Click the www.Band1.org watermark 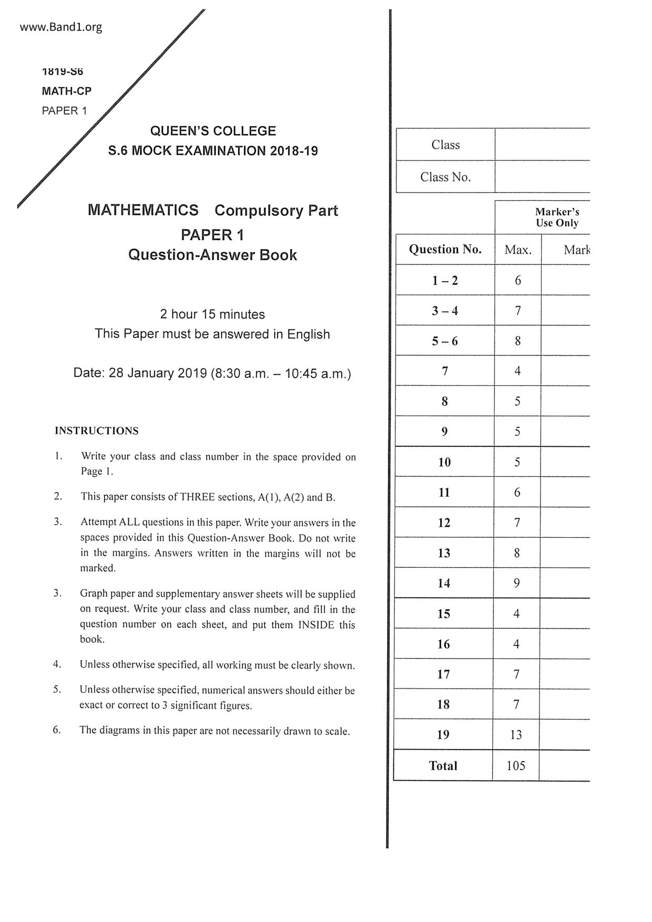click(x=61, y=27)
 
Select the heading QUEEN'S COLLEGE click(x=213, y=131)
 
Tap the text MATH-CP click(x=67, y=91)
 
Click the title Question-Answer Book click(x=212, y=255)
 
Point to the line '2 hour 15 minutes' click(x=212, y=314)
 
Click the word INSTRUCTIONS click(x=97, y=431)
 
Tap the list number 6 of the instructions click(x=56, y=730)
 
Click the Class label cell click(x=445, y=145)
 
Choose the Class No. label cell click(x=445, y=177)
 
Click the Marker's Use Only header click(x=557, y=217)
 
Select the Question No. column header click(x=445, y=249)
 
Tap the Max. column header click(x=518, y=250)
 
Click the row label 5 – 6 click(x=445, y=341)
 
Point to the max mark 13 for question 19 click(x=516, y=735)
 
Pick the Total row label click(x=443, y=766)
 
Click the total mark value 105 click(x=516, y=766)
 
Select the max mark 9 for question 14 click(x=516, y=583)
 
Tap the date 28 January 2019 click(x=157, y=373)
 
